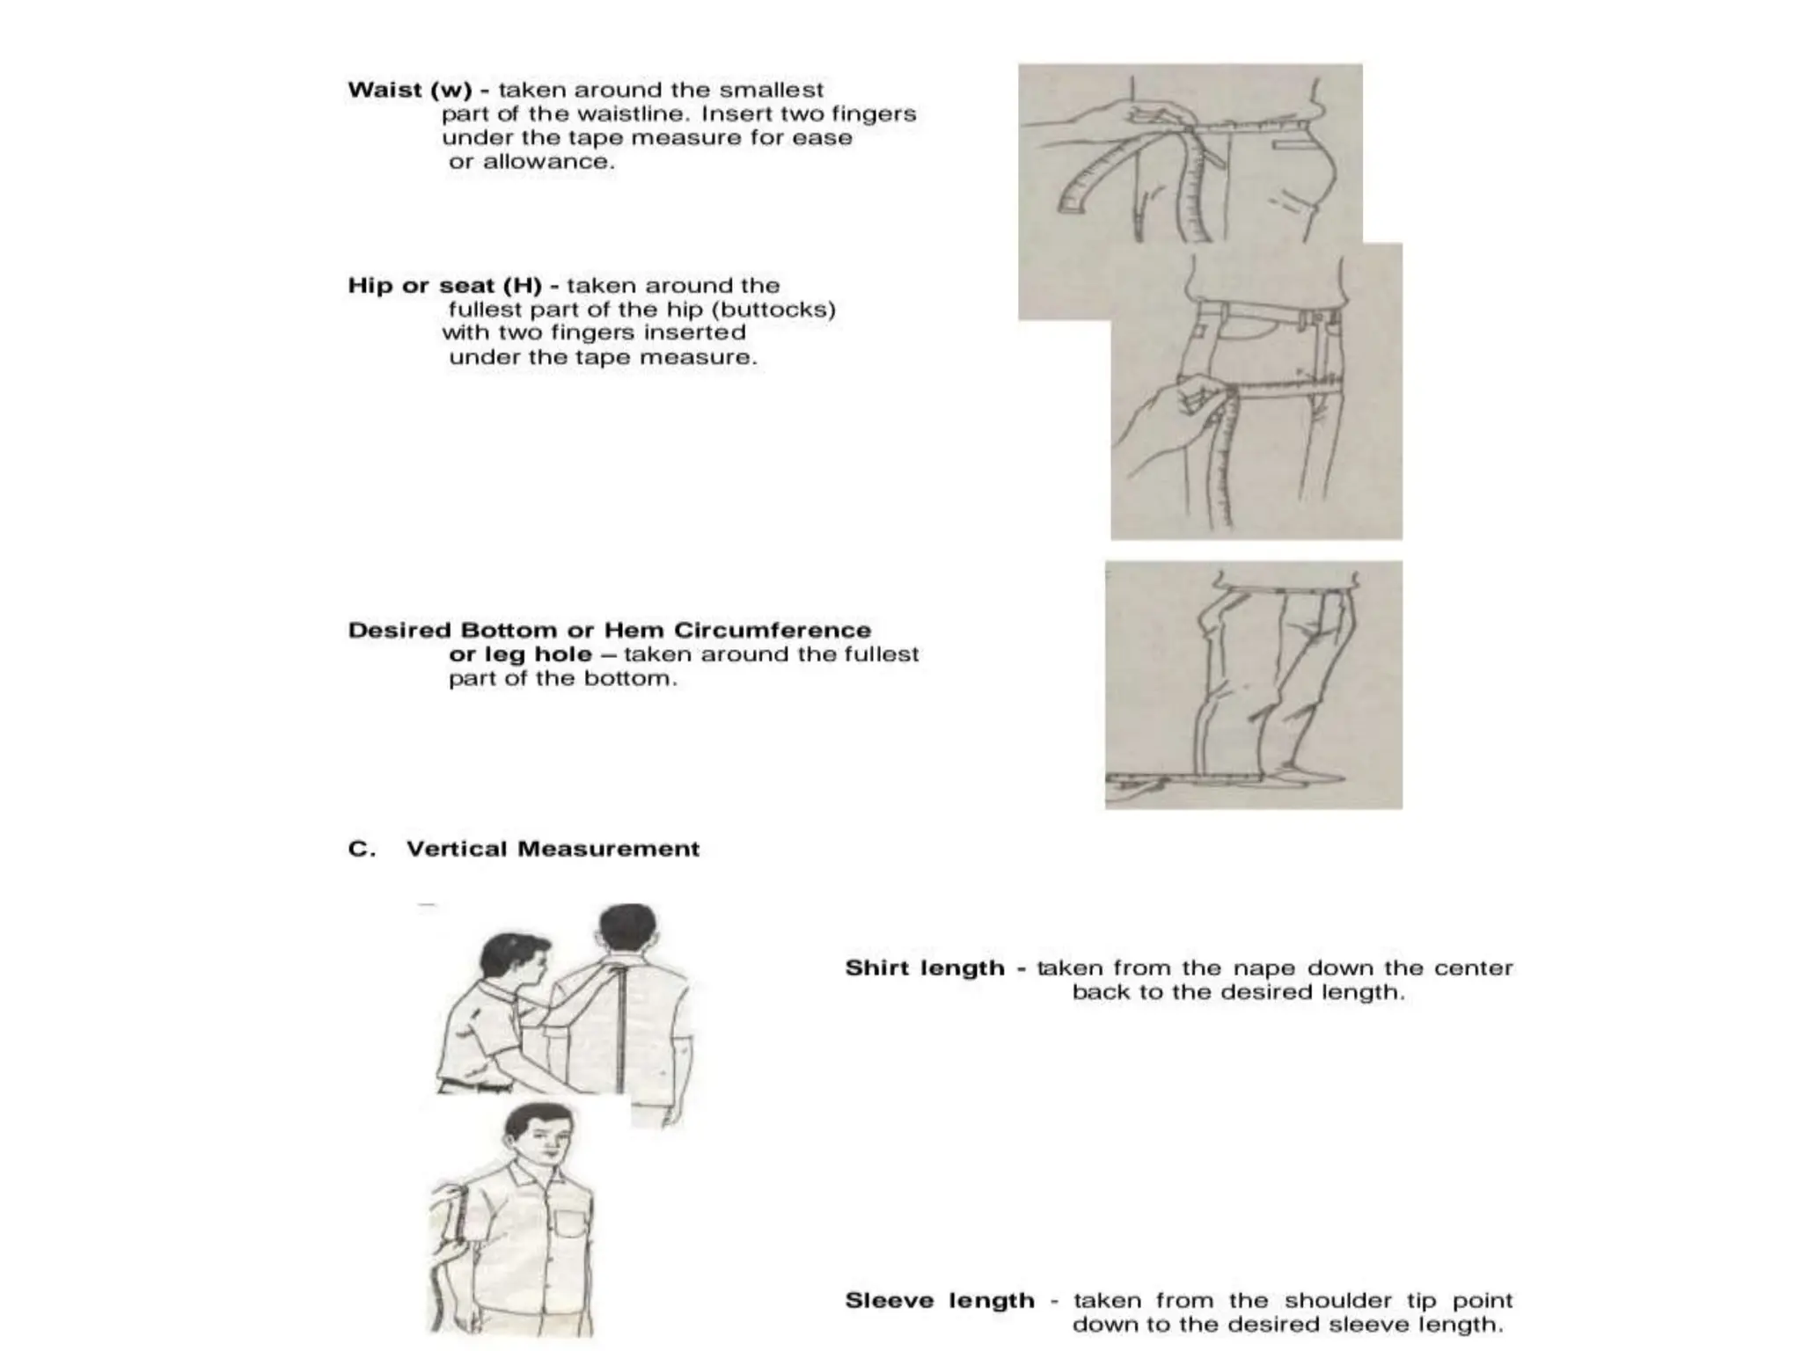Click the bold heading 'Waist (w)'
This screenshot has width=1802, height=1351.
[410, 90]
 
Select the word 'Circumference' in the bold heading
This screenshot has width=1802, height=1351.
[773, 631]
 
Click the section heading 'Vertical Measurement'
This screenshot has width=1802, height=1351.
[553, 849]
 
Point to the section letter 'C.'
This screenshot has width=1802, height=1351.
[362, 849]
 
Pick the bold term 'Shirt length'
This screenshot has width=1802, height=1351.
[925, 968]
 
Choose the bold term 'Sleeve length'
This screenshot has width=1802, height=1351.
[940, 1301]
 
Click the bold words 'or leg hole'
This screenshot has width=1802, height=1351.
[520, 654]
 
